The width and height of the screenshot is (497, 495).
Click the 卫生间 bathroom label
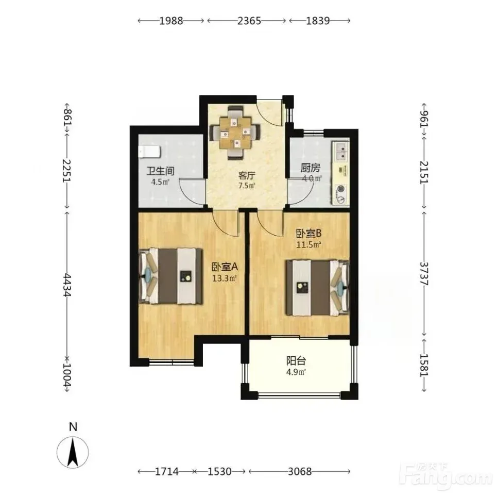[160, 171]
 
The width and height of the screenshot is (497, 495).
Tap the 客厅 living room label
[247, 175]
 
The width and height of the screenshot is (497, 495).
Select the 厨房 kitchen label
[311, 168]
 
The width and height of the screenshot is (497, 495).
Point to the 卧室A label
[225, 267]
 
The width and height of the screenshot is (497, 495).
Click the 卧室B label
[309, 234]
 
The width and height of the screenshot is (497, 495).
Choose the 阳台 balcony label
[296, 361]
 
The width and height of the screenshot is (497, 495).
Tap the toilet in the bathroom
[149, 152]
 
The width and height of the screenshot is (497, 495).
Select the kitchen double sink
[341, 152]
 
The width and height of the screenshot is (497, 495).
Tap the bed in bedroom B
[318, 288]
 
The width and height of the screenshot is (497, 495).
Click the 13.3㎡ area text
[225, 279]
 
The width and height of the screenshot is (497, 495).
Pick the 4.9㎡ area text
[296, 372]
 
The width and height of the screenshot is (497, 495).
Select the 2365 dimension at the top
[249, 21]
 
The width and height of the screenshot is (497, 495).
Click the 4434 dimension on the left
[67, 285]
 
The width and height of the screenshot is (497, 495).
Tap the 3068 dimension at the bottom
[300, 471]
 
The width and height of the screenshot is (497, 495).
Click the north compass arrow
[73, 452]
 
